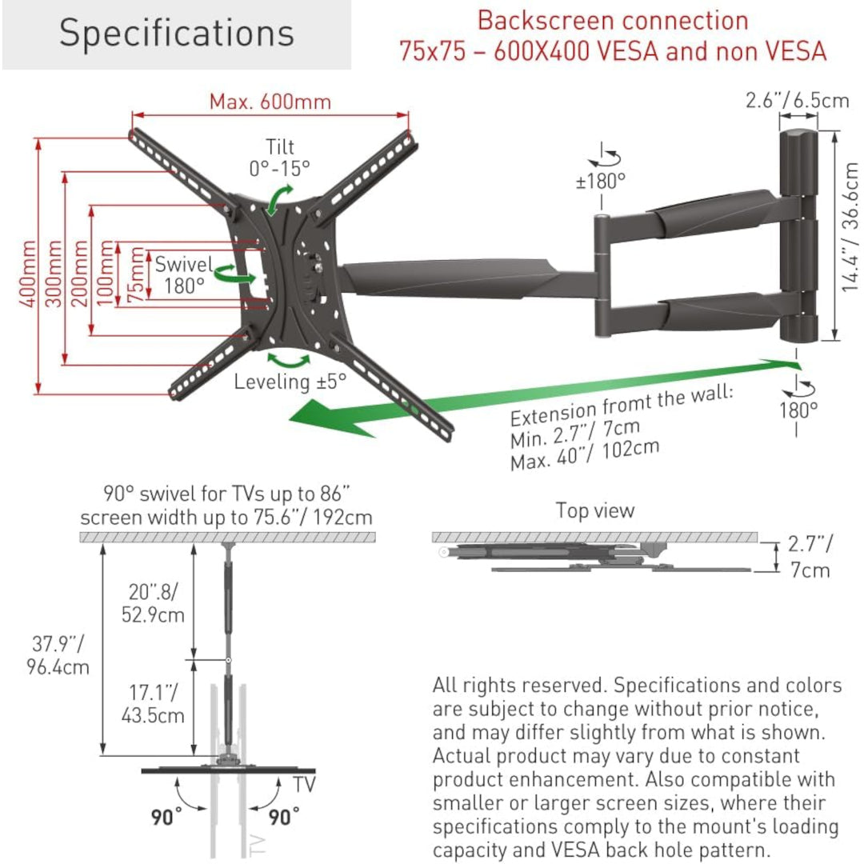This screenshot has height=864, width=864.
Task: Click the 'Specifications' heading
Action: point(176,34)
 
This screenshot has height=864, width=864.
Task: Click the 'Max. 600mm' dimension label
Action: point(270,102)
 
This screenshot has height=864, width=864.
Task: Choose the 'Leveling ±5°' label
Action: point(290,382)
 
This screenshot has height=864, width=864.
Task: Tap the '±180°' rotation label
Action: point(600,181)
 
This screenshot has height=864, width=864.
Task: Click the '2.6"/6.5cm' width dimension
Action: point(797,101)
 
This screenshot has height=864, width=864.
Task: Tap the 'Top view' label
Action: point(595,510)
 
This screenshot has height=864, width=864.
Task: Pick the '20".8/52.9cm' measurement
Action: point(157,603)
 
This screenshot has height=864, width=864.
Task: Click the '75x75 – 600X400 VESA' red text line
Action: point(613,52)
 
